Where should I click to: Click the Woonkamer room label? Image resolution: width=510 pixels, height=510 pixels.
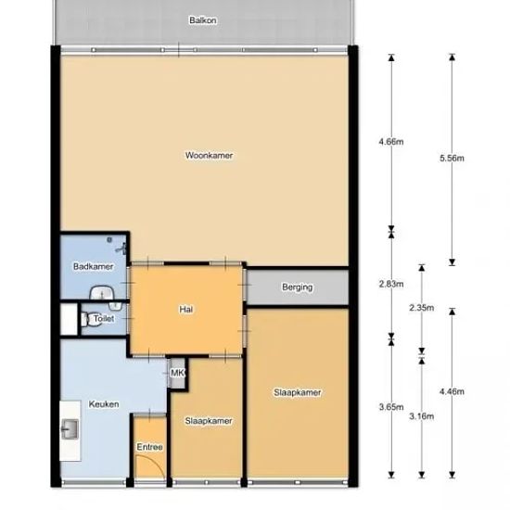(210, 156)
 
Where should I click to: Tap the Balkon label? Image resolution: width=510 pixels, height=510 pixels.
(203, 20)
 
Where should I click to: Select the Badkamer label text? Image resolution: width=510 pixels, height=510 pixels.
(94, 266)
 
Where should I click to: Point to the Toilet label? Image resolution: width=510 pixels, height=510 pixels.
(104, 318)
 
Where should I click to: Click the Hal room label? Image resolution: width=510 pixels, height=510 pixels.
(186, 309)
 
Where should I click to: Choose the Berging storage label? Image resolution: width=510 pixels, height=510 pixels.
(298, 287)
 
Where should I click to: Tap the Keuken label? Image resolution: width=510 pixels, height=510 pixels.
(104, 404)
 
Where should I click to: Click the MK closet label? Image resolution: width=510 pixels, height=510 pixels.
(177, 373)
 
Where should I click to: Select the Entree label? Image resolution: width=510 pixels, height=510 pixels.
(149, 447)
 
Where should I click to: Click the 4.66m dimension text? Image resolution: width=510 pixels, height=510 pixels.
(391, 142)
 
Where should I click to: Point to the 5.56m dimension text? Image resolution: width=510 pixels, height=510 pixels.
(453, 159)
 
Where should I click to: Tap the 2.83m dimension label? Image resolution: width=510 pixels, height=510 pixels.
(391, 284)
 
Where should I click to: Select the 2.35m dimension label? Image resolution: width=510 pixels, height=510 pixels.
(422, 307)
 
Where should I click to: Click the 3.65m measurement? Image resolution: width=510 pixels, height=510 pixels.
(391, 406)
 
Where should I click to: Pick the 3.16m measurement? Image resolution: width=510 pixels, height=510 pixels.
(422, 416)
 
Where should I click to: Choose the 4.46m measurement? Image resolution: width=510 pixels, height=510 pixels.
(453, 391)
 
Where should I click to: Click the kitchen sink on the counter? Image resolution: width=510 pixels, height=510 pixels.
(70, 429)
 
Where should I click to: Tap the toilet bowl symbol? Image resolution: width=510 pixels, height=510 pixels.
(84, 319)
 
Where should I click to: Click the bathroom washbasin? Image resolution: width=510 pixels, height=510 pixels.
(102, 293)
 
